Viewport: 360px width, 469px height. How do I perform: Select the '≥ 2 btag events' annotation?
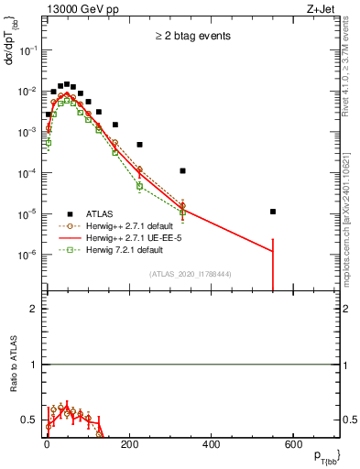191,36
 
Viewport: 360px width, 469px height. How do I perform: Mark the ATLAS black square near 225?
140,145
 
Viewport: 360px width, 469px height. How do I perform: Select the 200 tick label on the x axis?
129,446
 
